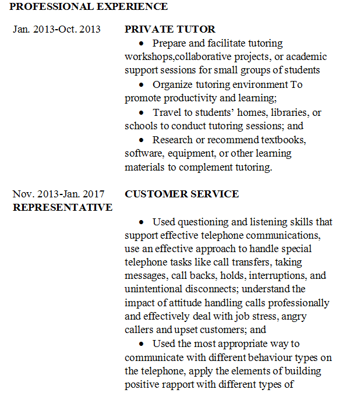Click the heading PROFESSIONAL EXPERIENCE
point(89,7)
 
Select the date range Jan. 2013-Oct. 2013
point(57,29)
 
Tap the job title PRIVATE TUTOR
point(170,29)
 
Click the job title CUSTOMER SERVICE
point(182,194)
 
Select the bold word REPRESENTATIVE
point(63,207)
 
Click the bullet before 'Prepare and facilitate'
point(143,44)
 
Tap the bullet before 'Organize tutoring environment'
point(143,85)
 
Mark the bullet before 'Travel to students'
point(143,112)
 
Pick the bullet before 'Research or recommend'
point(143,140)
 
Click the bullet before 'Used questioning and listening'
point(143,222)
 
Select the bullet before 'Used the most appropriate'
point(143,344)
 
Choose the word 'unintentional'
point(153,289)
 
